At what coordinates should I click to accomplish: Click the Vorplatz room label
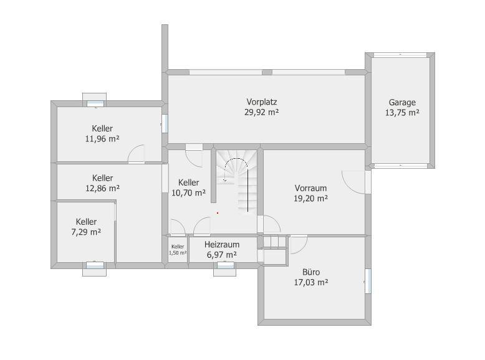[x=262, y=102]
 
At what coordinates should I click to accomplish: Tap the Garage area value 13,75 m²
[x=402, y=113]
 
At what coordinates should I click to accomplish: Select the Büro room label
[x=311, y=272]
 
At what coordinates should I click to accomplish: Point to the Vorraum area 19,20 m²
[x=311, y=199]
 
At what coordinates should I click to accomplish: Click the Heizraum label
[x=222, y=244]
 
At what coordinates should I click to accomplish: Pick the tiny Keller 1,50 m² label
[x=178, y=250]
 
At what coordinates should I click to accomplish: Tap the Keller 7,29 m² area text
[x=86, y=232]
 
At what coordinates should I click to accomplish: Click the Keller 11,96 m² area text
[x=102, y=139]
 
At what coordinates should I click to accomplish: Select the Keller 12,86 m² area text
[x=103, y=188]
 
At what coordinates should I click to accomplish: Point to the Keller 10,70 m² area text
[x=189, y=193]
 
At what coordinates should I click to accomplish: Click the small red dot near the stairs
[x=218, y=213]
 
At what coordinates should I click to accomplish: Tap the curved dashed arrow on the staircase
[x=236, y=159]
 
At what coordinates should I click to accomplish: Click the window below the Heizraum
[x=226, y=265]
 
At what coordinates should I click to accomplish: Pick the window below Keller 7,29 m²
[x=95, y=265]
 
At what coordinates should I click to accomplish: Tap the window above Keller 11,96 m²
[x=95, y=103]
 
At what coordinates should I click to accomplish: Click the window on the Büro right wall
[x=368, y=281]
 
